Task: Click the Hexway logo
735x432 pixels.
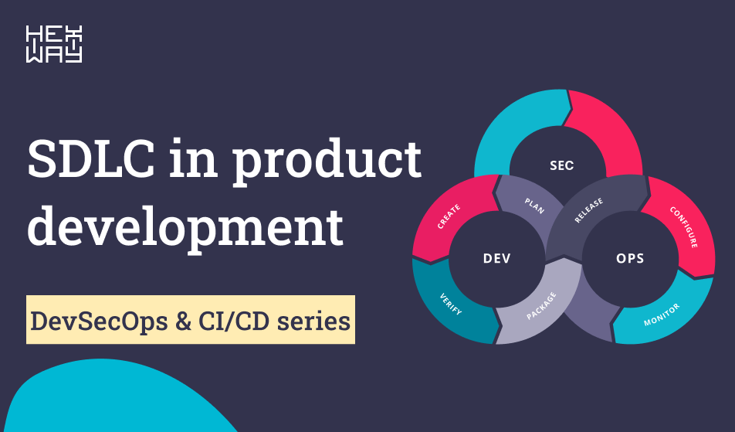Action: click(x=54, y=45)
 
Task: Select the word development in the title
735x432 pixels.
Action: click(x=185, y=225)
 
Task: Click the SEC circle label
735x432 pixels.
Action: click(x=561, y=165)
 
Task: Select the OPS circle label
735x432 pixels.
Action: click(x=630, y=258)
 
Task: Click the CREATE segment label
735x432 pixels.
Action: click(x=449, y=217)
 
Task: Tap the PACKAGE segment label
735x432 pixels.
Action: click(x=540, y=306)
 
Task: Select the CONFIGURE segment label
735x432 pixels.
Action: click(x=683, y=226)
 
